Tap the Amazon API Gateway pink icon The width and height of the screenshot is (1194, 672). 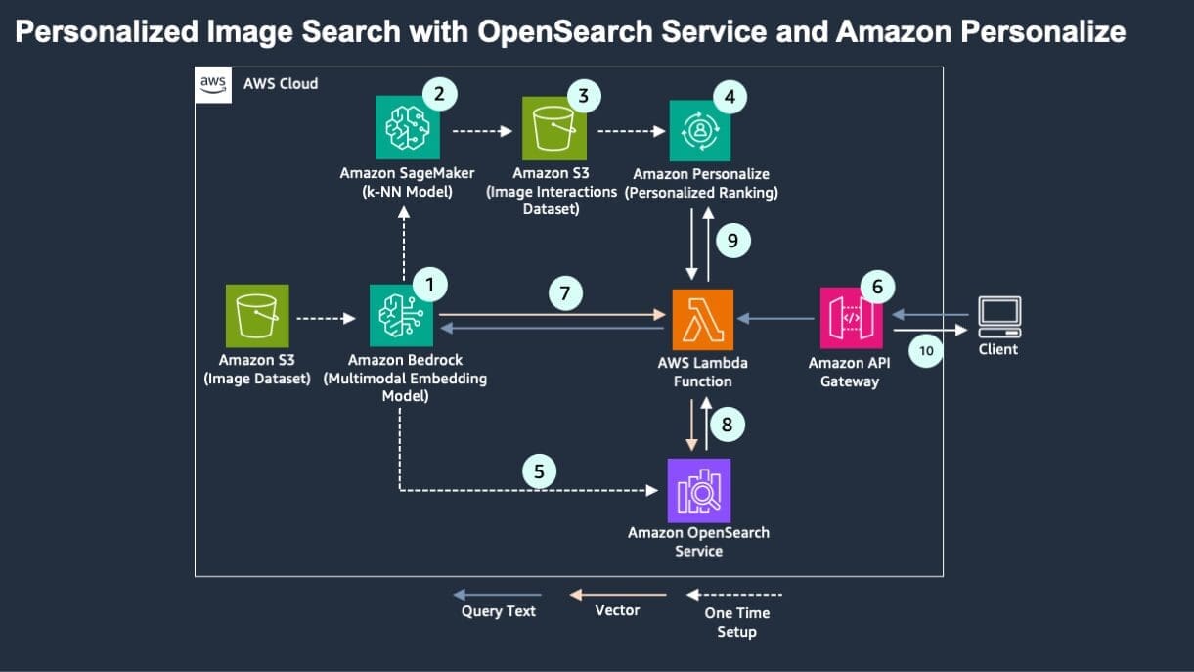click(x=850, y=318)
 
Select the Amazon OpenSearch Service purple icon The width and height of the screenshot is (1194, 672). click(x=698, y=490)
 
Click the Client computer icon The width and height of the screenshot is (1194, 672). click(x=999, y=316)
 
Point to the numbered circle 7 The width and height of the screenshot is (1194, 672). click(x=564, y=292)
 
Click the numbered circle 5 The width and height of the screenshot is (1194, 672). click(x=538, y=471)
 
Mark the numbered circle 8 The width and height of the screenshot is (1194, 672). click(x=727, y=425)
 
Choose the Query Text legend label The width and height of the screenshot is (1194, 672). click(x=499, y=611)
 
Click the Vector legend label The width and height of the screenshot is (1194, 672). click(x=617, y=610)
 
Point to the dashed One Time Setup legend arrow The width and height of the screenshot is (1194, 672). click(x=735, y=594)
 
